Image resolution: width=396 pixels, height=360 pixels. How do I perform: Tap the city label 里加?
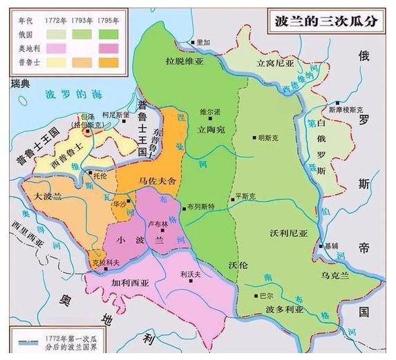pyautogui.click(x=202, y=42)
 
